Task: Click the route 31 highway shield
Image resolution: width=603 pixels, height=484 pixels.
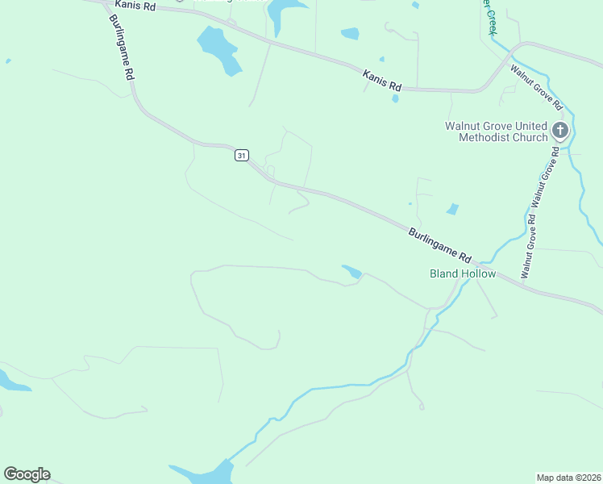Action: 242,155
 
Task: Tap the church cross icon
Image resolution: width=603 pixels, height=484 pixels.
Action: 560,130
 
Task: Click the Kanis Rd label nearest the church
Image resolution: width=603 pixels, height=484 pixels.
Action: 382,80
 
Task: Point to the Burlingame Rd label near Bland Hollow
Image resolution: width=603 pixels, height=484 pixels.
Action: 439,246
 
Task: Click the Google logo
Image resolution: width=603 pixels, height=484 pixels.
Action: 27,474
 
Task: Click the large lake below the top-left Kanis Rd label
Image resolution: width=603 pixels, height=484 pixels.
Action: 218,48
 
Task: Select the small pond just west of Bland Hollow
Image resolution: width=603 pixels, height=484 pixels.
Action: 352,273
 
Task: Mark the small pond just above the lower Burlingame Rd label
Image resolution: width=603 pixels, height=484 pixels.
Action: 452,209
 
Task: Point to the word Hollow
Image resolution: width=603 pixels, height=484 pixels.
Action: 480,274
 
